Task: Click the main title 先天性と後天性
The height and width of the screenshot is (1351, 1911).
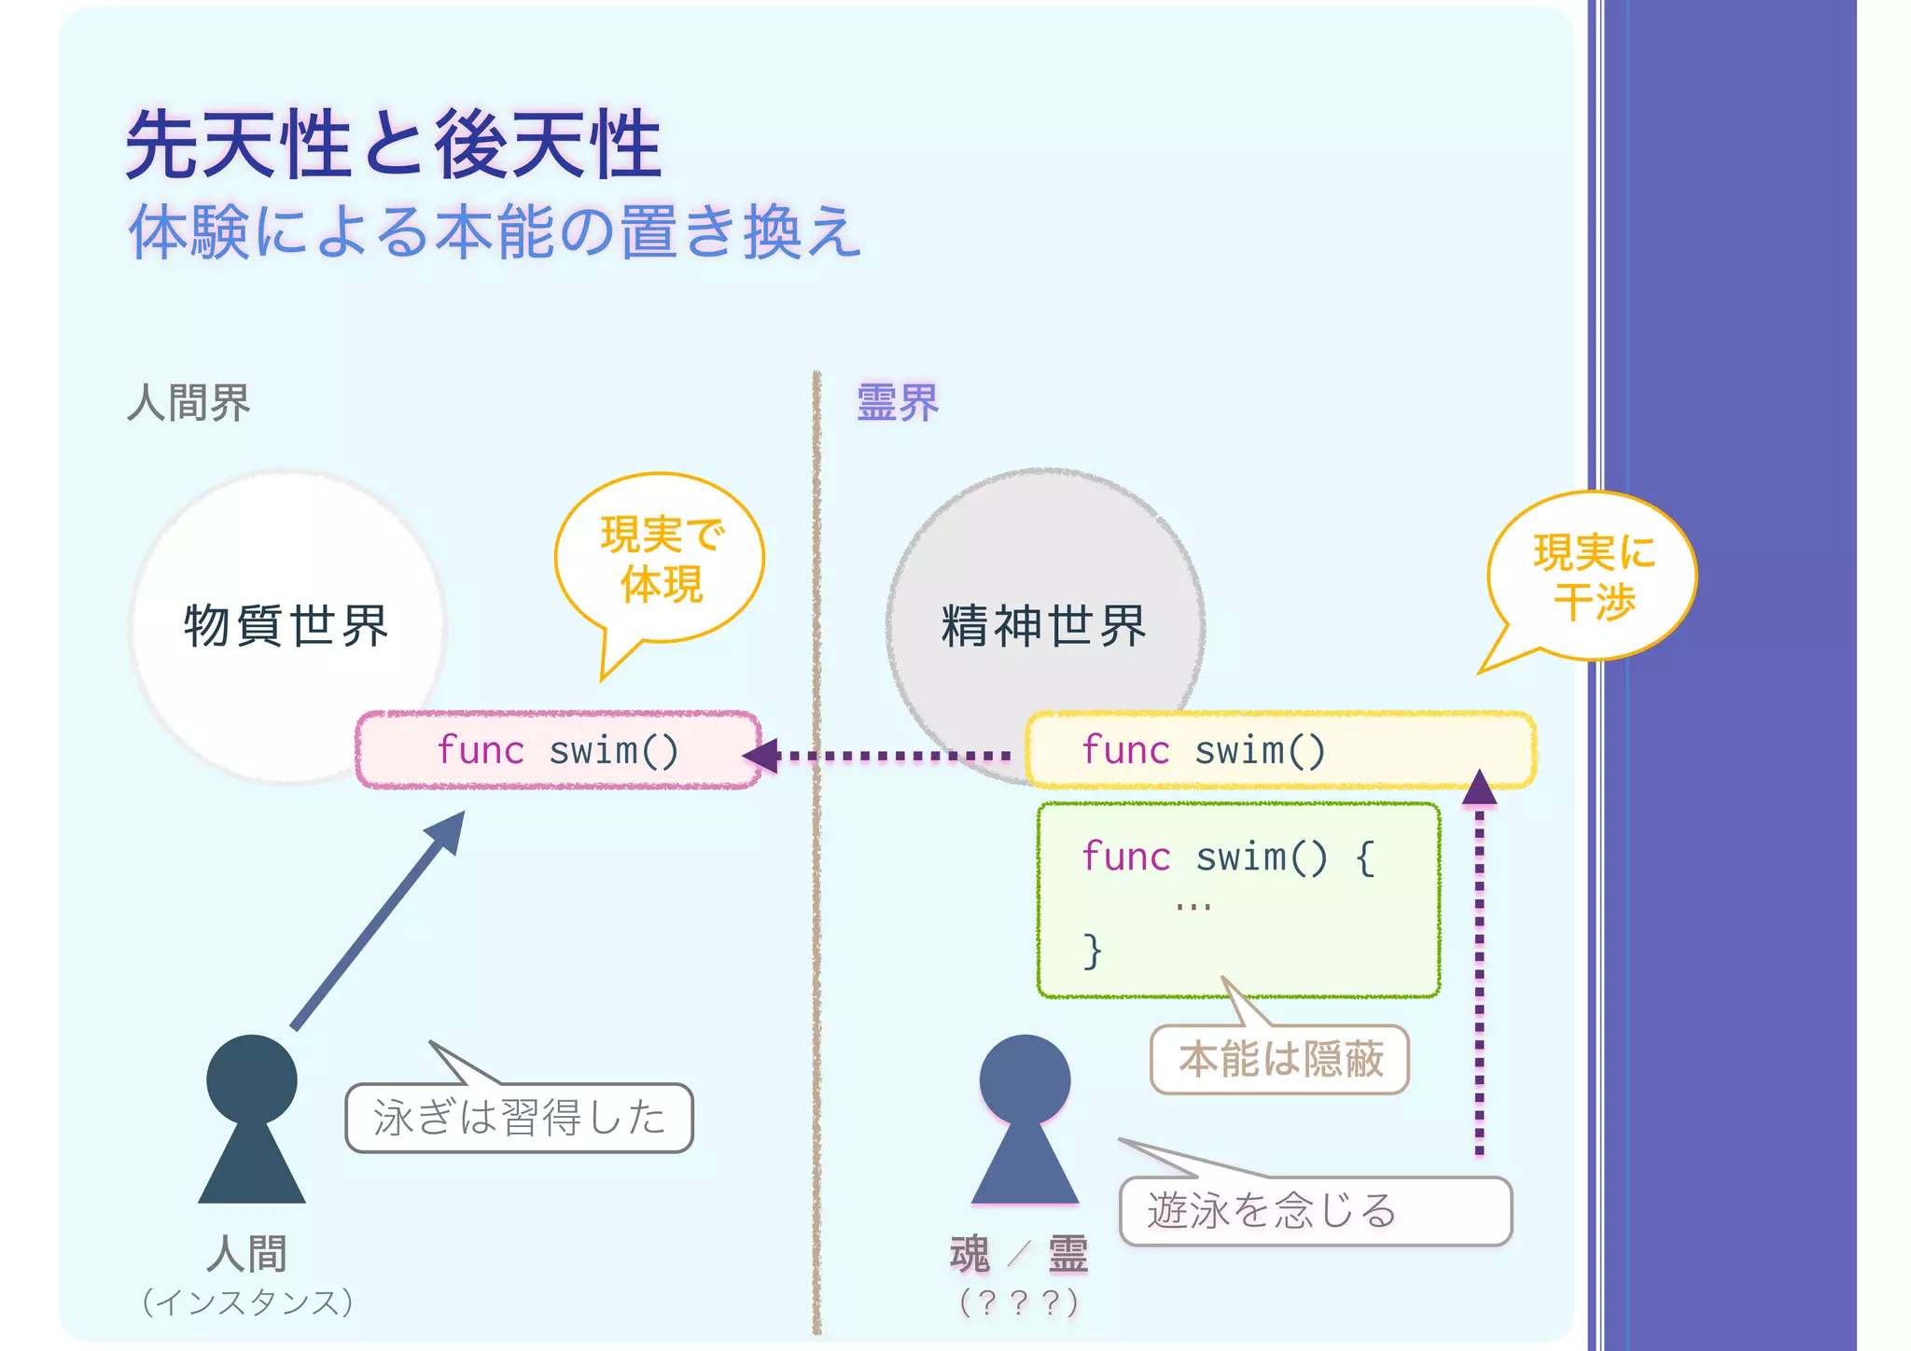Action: (394, 145)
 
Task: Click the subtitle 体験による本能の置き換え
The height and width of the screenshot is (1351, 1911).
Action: (495, 231)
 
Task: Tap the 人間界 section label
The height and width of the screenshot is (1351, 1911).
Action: (188, 403)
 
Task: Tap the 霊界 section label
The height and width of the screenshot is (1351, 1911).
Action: (897, 403)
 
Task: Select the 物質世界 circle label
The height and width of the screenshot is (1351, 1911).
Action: (286, 625)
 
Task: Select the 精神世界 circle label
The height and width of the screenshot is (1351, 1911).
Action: (1043, 625)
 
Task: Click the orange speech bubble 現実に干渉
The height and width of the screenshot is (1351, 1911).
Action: (1594, 577)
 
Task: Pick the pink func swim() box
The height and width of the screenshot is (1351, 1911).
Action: (558, 750)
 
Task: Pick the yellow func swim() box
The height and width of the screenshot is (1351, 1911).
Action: (1280, 750)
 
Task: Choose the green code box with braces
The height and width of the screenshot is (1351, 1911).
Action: (1239, 900)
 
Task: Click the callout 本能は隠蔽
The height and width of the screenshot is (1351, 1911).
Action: (1279, 1060)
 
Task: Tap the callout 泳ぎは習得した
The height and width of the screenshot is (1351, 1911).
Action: (519, 1118)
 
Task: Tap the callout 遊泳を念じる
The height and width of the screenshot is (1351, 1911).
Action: (1315, 1211)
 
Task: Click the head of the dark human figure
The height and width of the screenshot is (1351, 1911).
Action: (251, 1079)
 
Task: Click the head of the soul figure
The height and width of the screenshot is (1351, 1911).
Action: (1025, 1079)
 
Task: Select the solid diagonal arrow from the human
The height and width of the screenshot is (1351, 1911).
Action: (378, 920)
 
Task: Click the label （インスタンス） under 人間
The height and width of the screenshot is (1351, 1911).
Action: (248, 1302)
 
